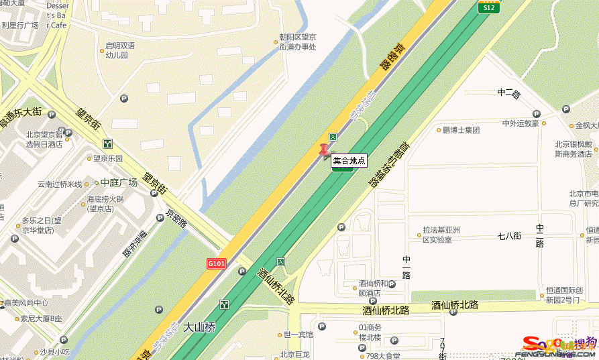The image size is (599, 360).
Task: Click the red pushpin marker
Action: tap(325, 151)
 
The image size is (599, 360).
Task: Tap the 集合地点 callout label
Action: tap(349, 160)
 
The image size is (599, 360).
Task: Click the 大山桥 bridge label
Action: tap(199, 328)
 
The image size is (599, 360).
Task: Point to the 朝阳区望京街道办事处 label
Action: tap(298, 42)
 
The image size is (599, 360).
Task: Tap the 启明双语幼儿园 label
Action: tap(120, 50)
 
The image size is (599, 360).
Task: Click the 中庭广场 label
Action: tap(118, 182)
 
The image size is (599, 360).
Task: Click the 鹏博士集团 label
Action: tap(461, 130)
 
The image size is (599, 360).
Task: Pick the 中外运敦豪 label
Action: tap(521, 123)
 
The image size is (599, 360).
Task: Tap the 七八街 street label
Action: tap(509, 235)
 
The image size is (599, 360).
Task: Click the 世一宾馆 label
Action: tap(298, 335)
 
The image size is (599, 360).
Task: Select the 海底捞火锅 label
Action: tap(105, 203)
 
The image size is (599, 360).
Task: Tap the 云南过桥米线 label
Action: tap(59, 184)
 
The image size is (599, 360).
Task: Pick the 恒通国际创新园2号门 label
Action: tap(571, 295)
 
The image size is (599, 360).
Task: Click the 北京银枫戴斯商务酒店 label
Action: tap(573, 148)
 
